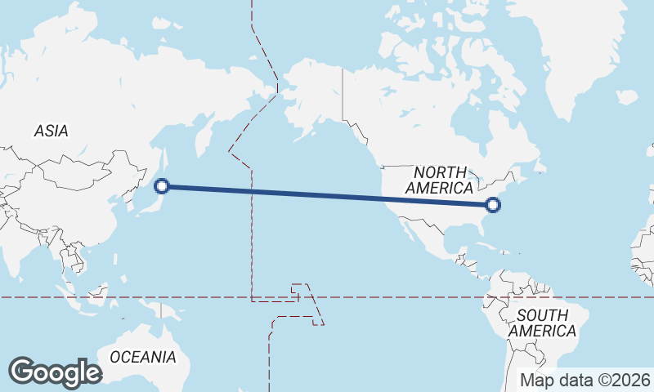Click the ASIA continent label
click(51, 131)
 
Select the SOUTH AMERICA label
click(543, 323)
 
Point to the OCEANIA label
click(143, 357)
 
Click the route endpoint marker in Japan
click(162, 186)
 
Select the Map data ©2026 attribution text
click(586, 380)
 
